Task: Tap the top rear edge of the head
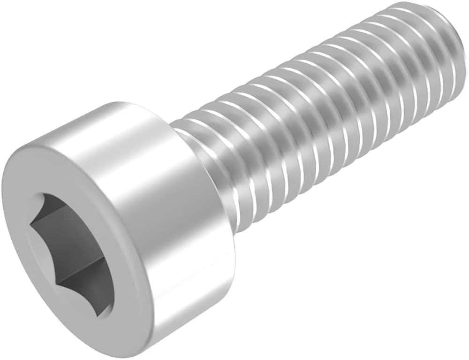[141, 106]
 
